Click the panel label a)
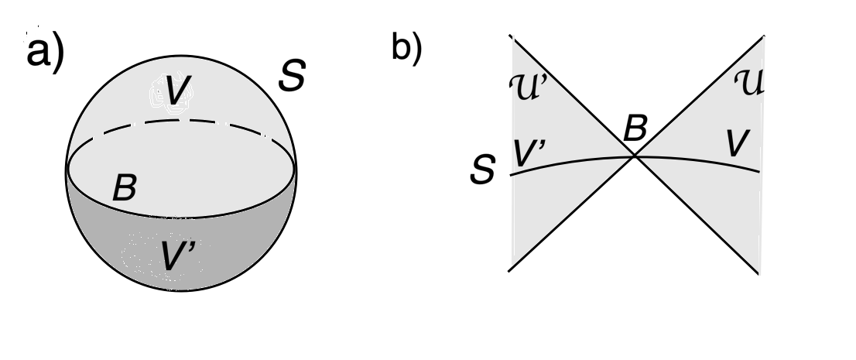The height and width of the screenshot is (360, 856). (45, 54)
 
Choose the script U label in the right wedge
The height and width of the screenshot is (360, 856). (744, 82)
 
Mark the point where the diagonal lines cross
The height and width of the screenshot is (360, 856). (635, 156)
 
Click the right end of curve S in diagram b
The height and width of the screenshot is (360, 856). (759, 171)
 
